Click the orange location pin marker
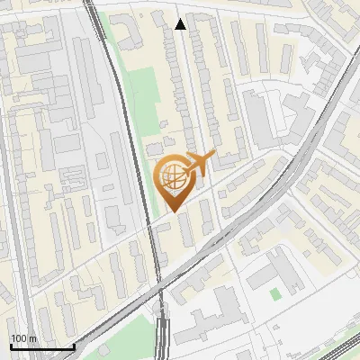click(173, 180)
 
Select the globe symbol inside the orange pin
click(172, 177)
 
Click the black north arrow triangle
click(181, 24)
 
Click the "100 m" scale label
click(23, 338)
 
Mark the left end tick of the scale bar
click(11, 346)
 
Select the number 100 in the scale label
click(19, 338)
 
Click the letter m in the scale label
click(32, 338)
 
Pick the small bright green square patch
click(275, 293)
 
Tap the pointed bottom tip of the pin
click(173, 211)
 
